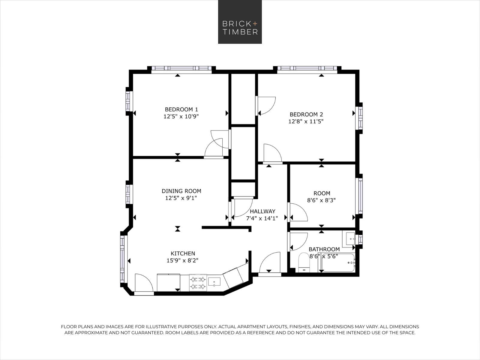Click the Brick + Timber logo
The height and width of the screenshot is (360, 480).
[x=240, y=22]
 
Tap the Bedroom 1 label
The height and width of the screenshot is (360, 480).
[x=181, y=109]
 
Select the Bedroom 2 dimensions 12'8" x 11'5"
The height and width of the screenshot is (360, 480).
[x=306, y=121]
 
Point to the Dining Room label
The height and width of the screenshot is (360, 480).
[x=181, y=191]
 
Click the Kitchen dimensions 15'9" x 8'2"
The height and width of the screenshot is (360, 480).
[x=183, y=260]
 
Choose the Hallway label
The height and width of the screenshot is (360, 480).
[x=262, y=211]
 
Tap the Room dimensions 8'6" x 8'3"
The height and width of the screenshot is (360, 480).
[x=321, y=200]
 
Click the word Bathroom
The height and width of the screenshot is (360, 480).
[x=324, y=249]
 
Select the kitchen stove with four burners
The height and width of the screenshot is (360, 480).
[x=198, y=283]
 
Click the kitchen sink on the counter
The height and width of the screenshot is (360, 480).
[x=214, y=282]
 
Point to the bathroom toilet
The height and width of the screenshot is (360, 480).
[x=304, y=262]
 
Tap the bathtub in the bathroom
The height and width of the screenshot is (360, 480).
[x=338, y=263]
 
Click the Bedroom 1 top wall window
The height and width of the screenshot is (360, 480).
[x=181, y=68]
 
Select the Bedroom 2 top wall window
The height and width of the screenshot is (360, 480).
[x=307, y=68]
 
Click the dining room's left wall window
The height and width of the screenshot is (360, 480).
[x=129, y=194]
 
